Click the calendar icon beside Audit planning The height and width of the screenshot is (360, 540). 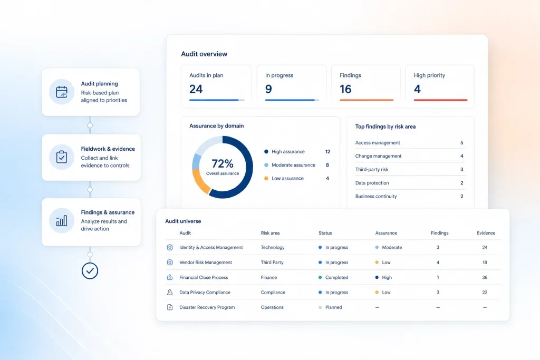[x=62, y=92]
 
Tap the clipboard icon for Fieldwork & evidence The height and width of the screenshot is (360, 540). [x=62, y=157]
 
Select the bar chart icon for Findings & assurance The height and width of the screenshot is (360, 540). [x=62, y=221]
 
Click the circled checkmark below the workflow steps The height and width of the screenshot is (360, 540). [x=90, y=271]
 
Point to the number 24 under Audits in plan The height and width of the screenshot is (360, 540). [x=196, y=89]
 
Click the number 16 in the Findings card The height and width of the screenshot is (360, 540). [x=345, y=89]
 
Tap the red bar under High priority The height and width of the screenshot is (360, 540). [x=440, y=100]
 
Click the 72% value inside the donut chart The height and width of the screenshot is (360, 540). [x=223, y=163]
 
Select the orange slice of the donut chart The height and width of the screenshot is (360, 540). [x=200, y=182]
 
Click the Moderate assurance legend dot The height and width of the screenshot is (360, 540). [x=266, y=165]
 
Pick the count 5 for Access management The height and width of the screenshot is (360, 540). [x=462, y=142]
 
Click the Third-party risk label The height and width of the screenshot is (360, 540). [x=372, y=169]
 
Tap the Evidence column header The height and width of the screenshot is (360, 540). [x=486, y=233]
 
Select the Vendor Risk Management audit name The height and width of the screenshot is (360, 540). [x=206, y=262]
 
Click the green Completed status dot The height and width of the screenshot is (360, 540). [x=320, y=277]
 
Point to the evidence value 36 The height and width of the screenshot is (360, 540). [x=485, y=277]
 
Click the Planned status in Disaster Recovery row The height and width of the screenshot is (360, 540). [x=334, y=307]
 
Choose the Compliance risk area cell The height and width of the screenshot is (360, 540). [x=273, y=292]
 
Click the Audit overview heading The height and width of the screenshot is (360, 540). [x=204, y=54]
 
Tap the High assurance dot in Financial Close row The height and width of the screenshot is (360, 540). [x=377, y=277]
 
